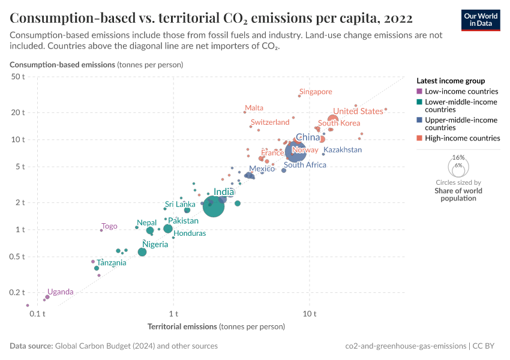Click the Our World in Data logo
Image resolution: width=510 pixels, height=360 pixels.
click(480, 20)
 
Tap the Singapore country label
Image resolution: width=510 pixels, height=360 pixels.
click(316, 92)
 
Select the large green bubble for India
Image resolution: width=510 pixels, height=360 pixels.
click(214, 206)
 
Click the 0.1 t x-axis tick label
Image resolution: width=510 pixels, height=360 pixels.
click(38, 313)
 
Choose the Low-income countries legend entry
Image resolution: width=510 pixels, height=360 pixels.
click(461, 92)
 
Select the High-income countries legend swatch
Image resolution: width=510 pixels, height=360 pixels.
click(419, 139)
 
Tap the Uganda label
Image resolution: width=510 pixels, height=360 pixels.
click(60, 292)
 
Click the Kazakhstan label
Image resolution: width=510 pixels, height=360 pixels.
click(343, 150)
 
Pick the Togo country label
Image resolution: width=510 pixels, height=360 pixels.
click(109, 226)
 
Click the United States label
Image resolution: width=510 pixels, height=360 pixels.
click(358, 111)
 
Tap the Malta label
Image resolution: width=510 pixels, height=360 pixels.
click(254, 108)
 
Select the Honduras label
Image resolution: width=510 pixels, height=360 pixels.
click(190, 233)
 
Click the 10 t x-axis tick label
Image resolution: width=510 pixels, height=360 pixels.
click(310, 313)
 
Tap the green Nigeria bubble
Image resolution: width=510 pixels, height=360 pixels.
click(142, 252)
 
